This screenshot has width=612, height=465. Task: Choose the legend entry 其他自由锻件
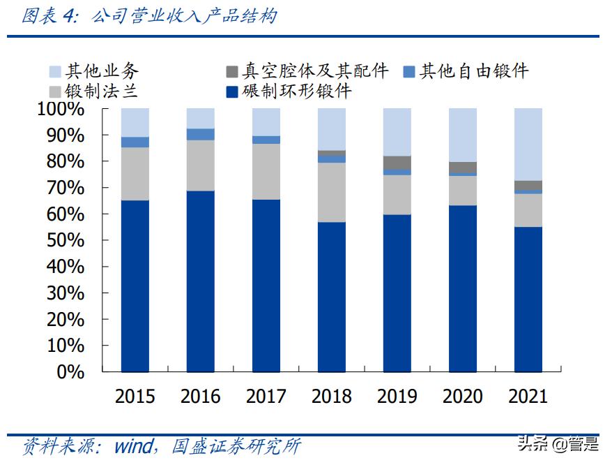(475, 71)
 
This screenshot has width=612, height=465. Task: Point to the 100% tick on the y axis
(61, 109)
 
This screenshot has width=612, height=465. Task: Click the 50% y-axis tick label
(65, 240)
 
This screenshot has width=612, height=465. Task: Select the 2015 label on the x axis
(135, 397)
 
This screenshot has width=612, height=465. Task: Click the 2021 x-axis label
(528, 397)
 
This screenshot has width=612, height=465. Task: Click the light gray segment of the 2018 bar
(332, 192)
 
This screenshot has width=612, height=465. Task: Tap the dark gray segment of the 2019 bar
(397, 163)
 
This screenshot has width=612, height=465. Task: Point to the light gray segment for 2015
(135, 174)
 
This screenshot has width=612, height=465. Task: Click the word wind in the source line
(132, 445)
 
